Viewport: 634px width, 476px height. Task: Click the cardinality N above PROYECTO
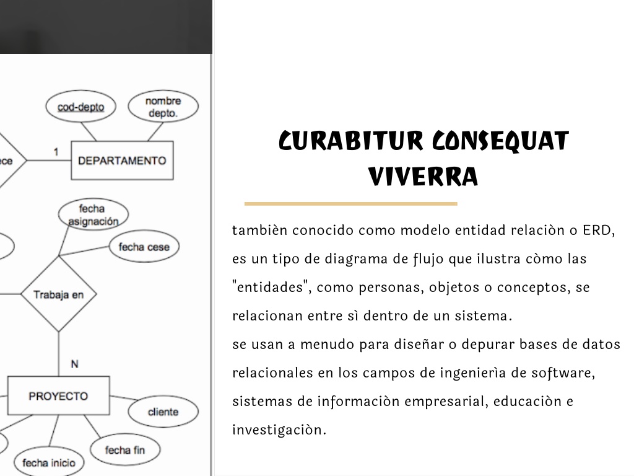(74, 364)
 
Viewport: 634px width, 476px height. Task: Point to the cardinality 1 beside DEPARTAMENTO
(56, 152)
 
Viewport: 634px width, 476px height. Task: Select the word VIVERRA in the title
(423, 177)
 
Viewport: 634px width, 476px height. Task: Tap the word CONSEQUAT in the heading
(500, 141)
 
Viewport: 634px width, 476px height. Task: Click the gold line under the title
(351, 204)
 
